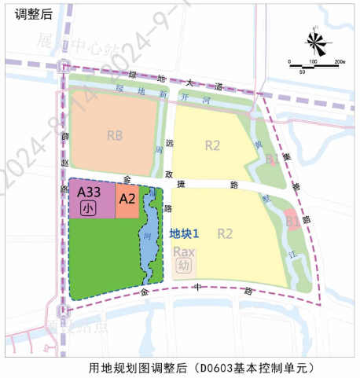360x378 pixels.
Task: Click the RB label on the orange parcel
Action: point(115,135)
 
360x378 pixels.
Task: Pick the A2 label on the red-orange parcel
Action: point(127,200)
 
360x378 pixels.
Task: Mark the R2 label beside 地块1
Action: point(226,233)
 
